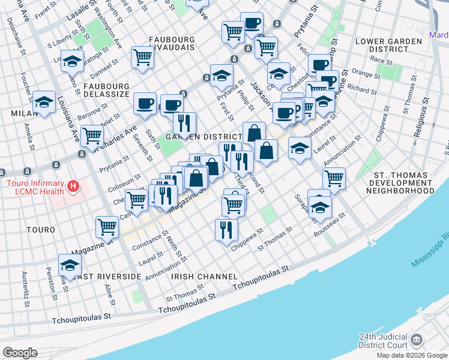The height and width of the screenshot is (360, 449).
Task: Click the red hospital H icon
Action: (73, 187)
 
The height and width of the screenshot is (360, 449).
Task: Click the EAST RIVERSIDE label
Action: (109, 277)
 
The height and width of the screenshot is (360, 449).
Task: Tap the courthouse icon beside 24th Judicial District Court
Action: (416, 342)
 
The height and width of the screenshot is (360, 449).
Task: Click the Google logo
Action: (20, 353)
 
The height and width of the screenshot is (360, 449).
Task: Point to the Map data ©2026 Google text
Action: (412, 355)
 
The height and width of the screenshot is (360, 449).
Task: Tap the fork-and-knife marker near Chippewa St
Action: (226, 229)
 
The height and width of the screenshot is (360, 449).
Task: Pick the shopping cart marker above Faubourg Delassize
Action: (143, 57)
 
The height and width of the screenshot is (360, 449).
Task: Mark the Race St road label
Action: (382, 60)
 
